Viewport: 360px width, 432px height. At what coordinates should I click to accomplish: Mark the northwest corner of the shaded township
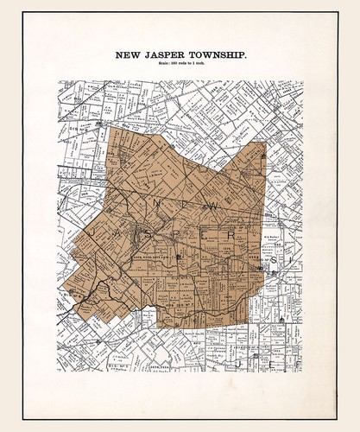[x=111, y=128]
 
